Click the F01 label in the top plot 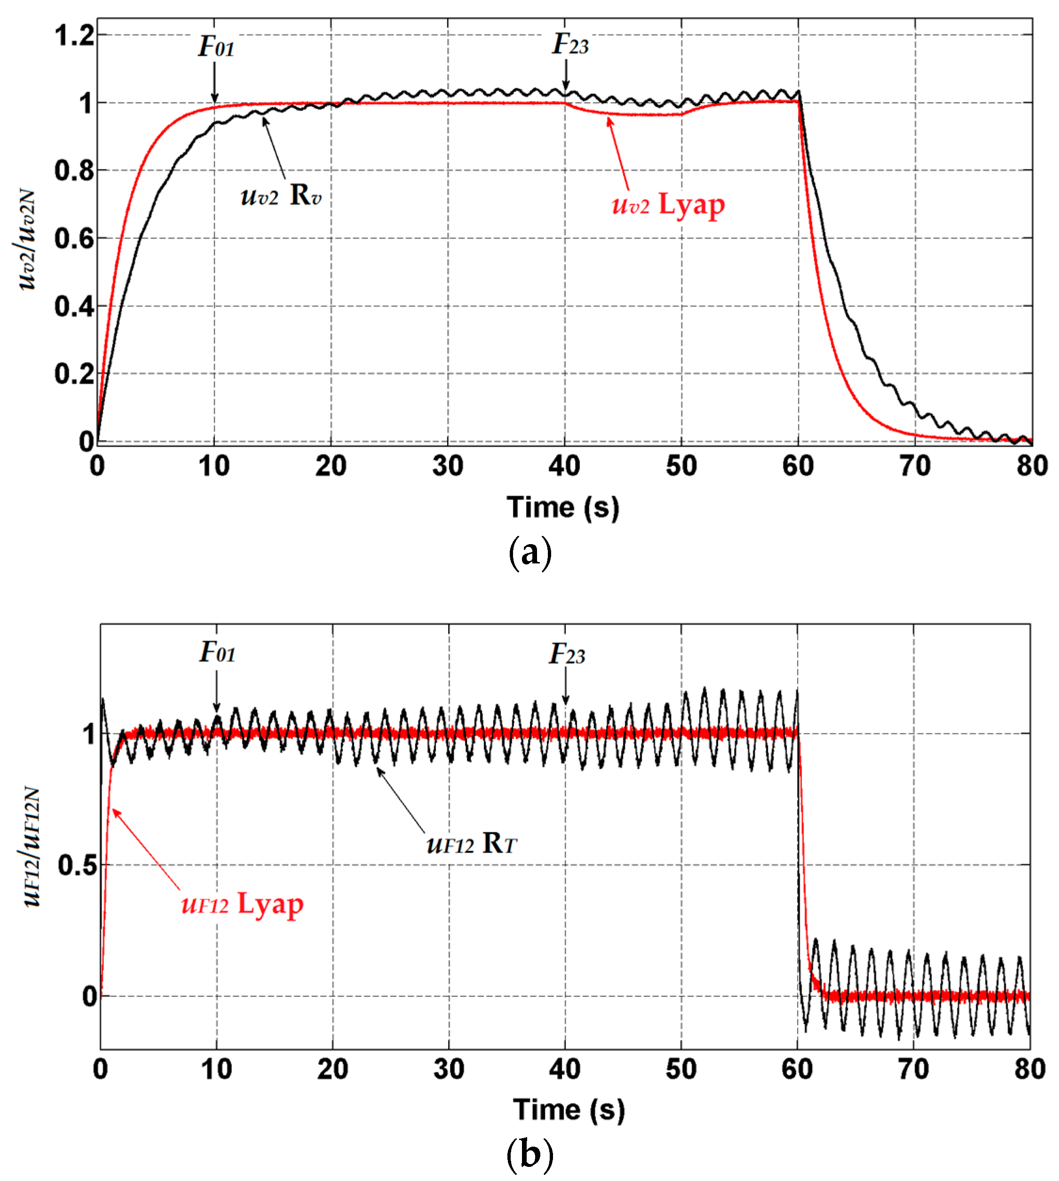[x=216, y=47]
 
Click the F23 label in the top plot [x=569, y=44]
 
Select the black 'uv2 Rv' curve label [x=280, y=195]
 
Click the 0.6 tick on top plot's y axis [x=74, y=238]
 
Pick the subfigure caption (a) [x=529, y=552]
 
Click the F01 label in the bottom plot [x=218, y=652]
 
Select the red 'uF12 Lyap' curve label [x=242, y=904]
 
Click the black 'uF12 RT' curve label [x=471, y=843]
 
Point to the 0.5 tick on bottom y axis [x=78, y=865]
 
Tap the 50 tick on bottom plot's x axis [x=681, y=1069]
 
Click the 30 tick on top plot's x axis [x=448, y=466]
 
